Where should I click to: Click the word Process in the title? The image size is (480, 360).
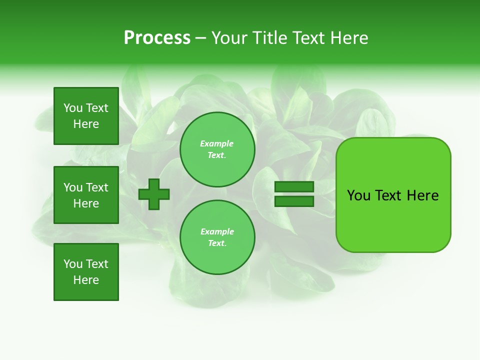coord(157,38)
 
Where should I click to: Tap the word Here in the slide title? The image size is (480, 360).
coord(347,38)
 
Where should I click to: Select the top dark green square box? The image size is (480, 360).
coord(86,116)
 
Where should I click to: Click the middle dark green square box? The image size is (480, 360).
coord(86,195)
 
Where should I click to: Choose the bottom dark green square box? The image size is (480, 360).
coord(86,272)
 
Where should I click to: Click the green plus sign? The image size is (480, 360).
coord(154,194)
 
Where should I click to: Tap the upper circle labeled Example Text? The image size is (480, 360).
coord(217,149)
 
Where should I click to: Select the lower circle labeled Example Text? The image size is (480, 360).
coord(217,237)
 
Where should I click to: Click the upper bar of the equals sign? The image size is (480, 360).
coord(294,187)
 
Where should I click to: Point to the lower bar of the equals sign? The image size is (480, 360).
coord(294,201)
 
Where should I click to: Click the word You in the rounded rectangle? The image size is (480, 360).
coord(359,195)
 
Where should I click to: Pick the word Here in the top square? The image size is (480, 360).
coord(86,124)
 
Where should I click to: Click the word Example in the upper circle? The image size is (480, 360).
coord(217,143)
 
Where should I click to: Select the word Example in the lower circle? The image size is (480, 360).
coord(217,231)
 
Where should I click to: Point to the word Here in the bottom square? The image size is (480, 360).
coord(86,280)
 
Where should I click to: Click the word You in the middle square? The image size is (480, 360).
coord(73,187)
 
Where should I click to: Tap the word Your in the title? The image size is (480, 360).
coord(229,38)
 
